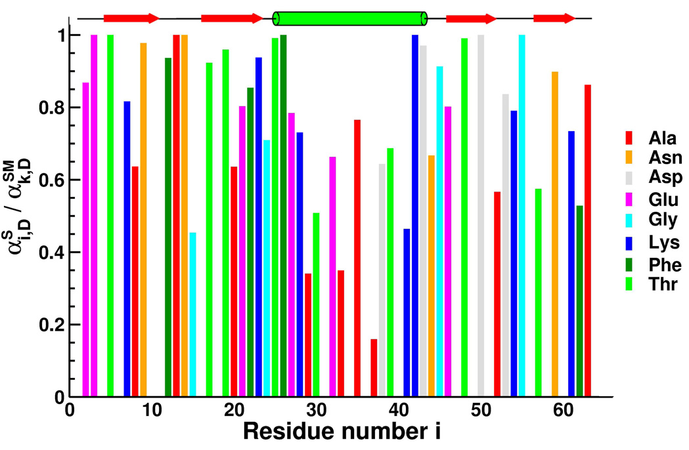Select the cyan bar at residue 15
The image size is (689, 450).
pos(193,315)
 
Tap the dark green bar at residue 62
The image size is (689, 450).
pos(579,301)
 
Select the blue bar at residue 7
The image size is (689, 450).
pos(127,249)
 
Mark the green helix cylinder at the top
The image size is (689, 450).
pos(349,18)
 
